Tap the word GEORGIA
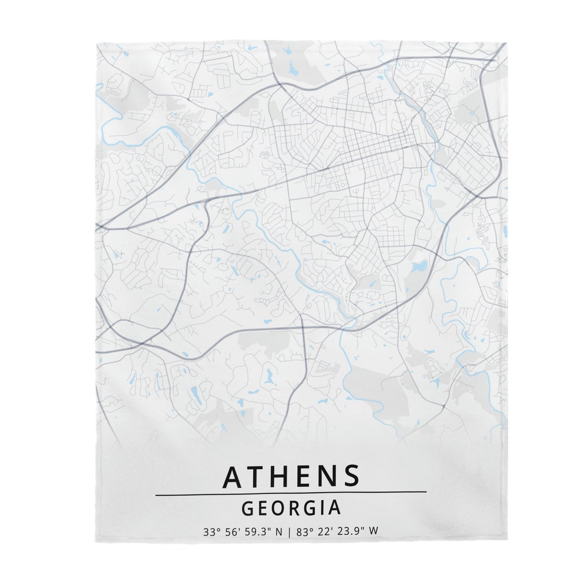click(291, 507)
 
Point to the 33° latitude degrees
click(211, 532)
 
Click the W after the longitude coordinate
click(374, 532)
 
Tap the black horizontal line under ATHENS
click(291, 492)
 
